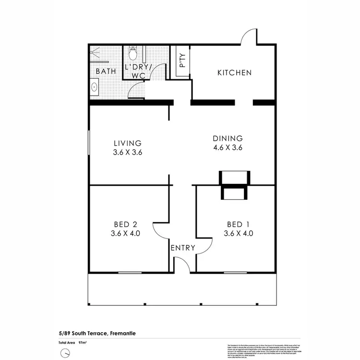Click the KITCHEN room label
click(x=234, y=73)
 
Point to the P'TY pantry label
click(x=182, y=61)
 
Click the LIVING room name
click(x=128, y=143)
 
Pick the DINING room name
click(x=228, y=138)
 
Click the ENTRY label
click(x=183, y=248)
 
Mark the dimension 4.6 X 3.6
click(x=228, y=148)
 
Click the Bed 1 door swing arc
click(x=204, y=247)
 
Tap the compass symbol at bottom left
click(x=65, y=353)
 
